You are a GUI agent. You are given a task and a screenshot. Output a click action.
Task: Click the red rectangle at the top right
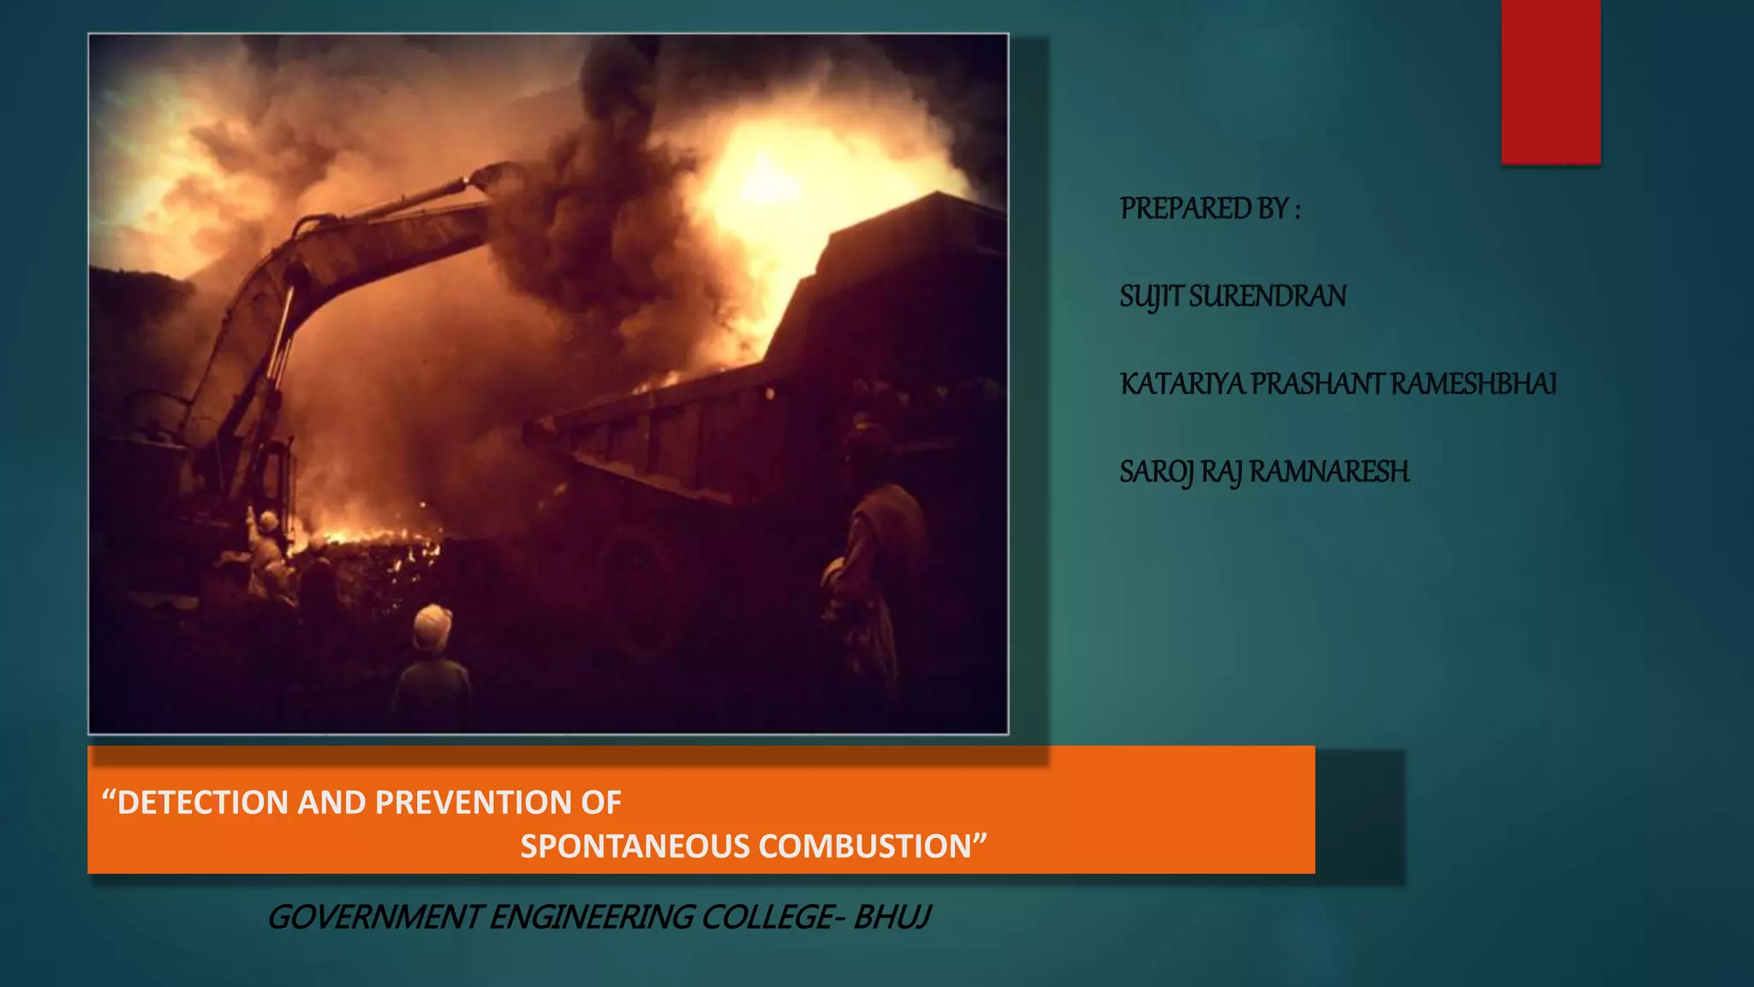click(x=1550, y=81)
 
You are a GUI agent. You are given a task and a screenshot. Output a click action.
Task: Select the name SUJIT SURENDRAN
click(x=1232, y=296)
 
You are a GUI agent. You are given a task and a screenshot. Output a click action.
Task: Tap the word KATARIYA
click(x=1182, y=384)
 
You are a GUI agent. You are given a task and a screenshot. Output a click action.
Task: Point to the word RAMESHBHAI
click(x=1473, y=384)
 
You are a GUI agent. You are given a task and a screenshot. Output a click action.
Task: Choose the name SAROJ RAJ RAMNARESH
click(x=1264, y=472)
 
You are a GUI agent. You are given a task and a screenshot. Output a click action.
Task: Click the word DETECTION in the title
click(x=203, y=803)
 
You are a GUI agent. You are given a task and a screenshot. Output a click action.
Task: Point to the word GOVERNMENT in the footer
click(x=374, y=918)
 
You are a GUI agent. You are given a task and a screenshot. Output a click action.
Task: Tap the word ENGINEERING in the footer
click(x=591, y=918)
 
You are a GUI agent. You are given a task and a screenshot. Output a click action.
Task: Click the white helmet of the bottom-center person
click(x=432, y=625)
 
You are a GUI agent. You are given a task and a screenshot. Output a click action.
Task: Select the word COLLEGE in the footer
click(x=766, y=918)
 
